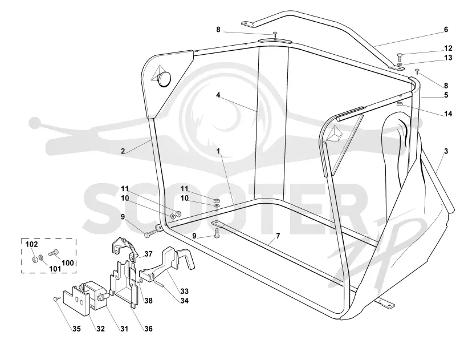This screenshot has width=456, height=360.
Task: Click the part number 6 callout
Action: (446, 30)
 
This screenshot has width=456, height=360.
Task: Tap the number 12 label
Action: (448, 48)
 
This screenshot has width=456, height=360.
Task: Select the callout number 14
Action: (448, 114)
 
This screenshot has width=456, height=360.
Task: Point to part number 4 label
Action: (218, 95)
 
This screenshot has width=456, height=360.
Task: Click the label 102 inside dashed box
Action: (32, 244)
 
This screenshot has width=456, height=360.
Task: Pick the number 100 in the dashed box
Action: (68, 263)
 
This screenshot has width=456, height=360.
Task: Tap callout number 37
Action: (148, 254)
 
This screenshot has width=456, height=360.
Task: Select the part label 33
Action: (184, 291)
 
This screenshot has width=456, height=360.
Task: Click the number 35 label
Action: (76, 329)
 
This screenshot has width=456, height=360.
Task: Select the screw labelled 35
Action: (56, 299)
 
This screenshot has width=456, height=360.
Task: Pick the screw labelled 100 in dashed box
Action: (54, 253)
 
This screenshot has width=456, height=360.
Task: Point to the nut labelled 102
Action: (35, 258)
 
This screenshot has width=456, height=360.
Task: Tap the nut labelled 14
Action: (400, 104)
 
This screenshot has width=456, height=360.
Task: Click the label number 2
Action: (123, 151)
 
